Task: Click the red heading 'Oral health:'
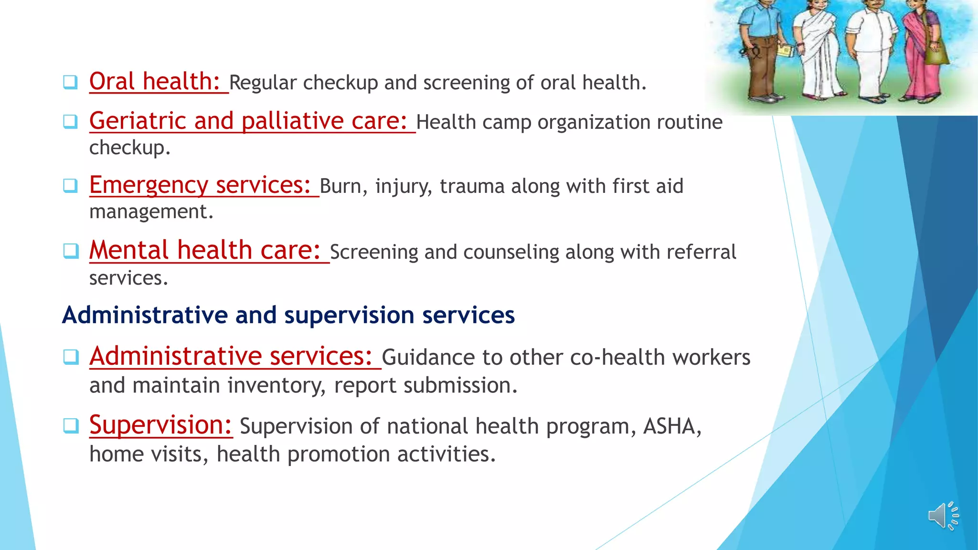point(154,82)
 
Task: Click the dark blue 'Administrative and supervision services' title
point(288,315)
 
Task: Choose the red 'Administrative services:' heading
point(231,356)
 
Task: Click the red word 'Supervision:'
point(160,425)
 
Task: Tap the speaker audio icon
point(943,516)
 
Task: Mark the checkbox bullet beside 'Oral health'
point(70,82)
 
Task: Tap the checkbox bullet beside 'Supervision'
point(70,425)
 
